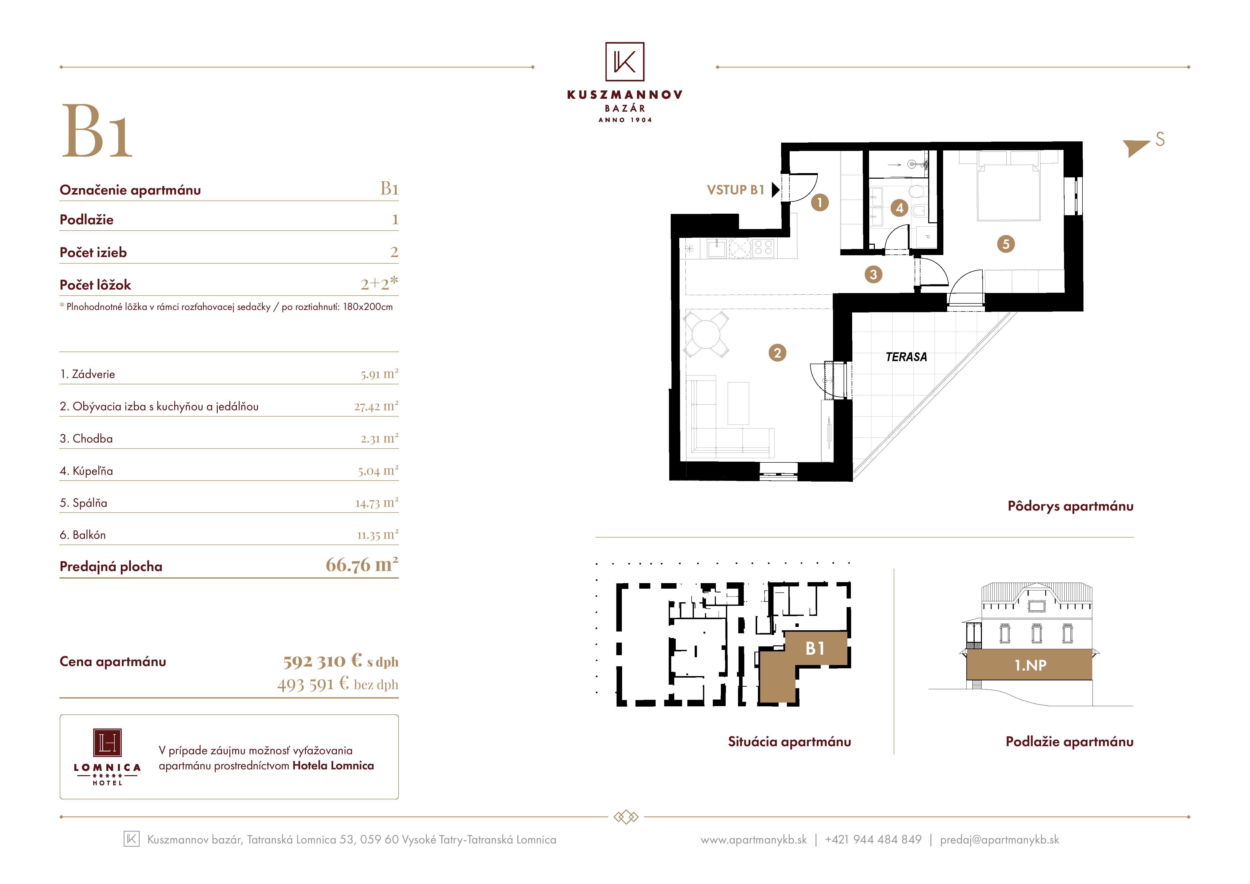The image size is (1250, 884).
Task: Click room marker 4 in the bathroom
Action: [900, 208]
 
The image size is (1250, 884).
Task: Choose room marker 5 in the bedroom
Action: [1006, 244]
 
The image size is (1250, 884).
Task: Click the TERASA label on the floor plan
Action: [907, 357]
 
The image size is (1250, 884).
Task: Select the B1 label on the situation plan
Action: [815, 648]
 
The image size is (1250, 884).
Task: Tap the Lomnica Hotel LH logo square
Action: [107, 742]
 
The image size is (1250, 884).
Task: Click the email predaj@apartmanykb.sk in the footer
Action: [1000, 839]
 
